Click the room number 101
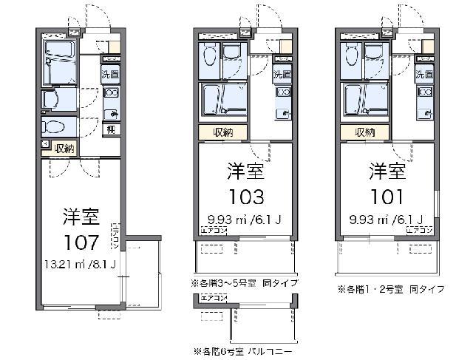(387, 197)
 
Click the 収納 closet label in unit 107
(65, 148)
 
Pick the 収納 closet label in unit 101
(365, 133)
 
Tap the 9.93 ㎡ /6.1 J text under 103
(244, 219)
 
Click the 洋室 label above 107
(81, 217)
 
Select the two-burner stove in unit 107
(111, 93)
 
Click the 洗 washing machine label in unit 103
(278, 75)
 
